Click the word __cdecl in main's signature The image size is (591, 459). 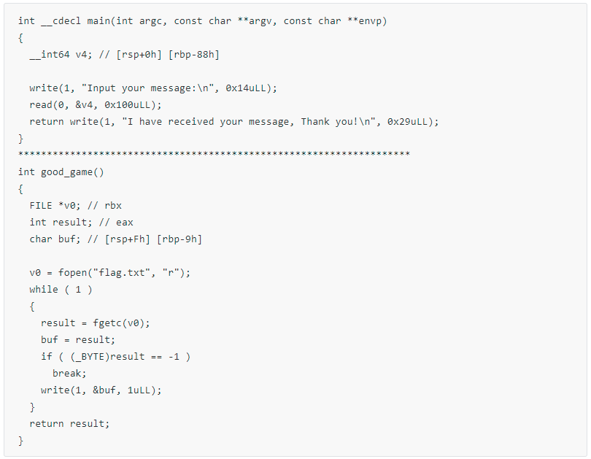click(61, 21)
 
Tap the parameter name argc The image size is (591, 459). click(151, 21)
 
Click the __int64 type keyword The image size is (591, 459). click(50, 55)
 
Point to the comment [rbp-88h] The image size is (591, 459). click(194, 55)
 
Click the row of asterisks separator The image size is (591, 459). click(214, 154)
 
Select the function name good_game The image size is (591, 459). click(66, 172)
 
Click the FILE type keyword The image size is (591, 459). click(41, 205)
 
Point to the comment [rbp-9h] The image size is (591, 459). click(179, 239)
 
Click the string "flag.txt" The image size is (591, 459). click(122, 272)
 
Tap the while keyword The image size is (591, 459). click(44, 290)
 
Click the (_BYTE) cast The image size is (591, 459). click(90, 357)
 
